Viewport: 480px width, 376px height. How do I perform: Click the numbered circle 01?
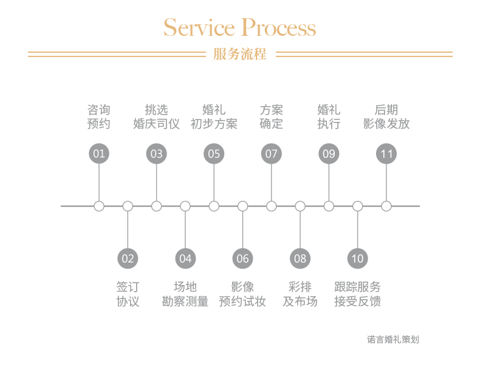coord(99,153)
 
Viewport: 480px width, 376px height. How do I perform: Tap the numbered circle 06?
coord(242,259)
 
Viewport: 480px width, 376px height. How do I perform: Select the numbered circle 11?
coord(386,153)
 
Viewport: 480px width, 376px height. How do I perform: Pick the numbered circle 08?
coord(300,259)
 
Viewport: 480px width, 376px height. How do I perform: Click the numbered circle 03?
coord(157,153)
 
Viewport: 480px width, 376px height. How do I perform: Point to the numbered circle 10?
coord(357,259)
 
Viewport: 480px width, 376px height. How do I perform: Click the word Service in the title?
coord(199,28)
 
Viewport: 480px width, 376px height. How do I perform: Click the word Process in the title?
coord(279,28)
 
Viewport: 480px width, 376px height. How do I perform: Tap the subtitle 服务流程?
coord(240,54)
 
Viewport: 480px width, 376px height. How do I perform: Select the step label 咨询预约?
coord(99,117)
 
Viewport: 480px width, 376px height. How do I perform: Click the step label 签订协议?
coord(128,294)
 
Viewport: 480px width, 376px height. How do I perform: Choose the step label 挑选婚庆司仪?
coord(157,117)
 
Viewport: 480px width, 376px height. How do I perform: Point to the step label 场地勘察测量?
coord(185,294)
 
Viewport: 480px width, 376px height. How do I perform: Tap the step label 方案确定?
coord(272,117)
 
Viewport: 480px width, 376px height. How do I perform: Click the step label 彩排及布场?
coord(300,294)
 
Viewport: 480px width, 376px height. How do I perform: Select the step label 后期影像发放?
coord(386,117)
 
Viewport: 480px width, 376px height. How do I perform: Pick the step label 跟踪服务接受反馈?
coord(357,294)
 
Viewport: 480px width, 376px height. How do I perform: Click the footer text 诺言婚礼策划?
coord(393,340)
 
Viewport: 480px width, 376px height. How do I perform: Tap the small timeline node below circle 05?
coord(214,206)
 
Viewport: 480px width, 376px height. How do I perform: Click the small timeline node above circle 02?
coord(128,206)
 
